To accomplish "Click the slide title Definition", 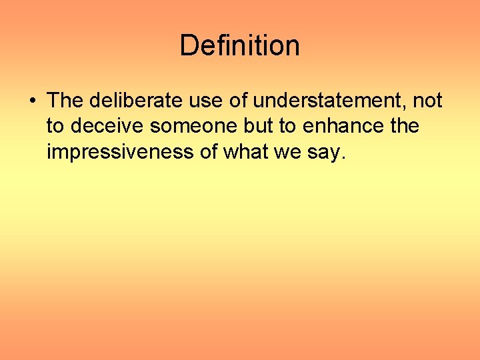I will pos(239,46).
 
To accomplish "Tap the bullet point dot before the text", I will pos(32,101).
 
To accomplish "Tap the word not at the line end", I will pos(428,101).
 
